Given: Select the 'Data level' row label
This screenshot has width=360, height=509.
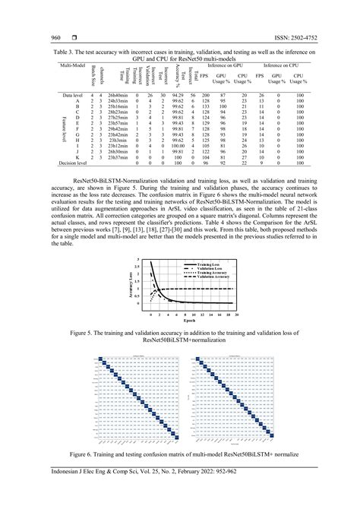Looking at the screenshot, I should [72, 95].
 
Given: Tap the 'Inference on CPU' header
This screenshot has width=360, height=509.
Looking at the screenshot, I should [279, 68].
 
